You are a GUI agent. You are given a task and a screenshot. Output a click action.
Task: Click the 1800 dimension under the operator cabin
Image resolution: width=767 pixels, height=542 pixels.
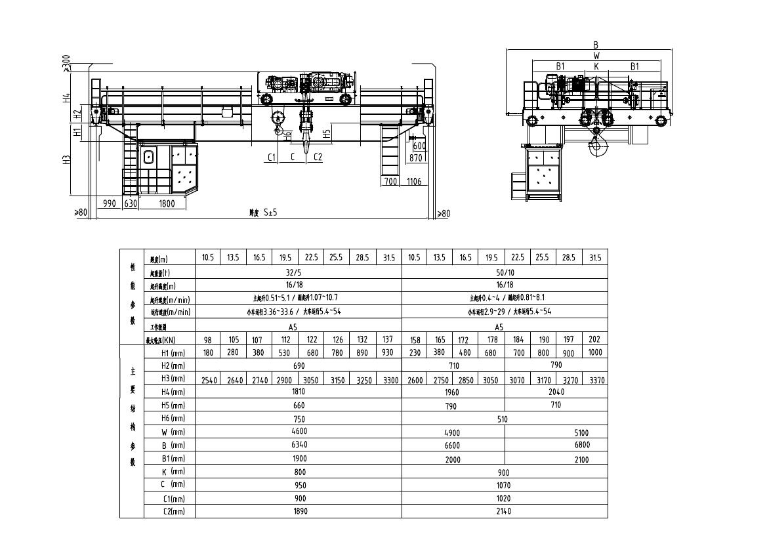[167, 203]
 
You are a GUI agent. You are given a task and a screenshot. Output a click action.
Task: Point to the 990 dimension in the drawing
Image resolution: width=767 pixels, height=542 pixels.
[109, 203]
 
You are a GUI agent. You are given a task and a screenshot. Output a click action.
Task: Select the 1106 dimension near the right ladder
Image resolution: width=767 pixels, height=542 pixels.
[413, 182]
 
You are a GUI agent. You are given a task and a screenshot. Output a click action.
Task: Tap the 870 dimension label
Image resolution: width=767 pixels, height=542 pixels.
[415, 158]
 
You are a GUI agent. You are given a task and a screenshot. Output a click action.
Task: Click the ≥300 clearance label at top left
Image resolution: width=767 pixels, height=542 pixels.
[66, 64]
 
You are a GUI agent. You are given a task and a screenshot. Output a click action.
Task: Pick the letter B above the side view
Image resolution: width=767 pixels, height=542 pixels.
[596, 45]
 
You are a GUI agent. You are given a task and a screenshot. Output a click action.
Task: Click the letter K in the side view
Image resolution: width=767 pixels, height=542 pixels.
[596, 66]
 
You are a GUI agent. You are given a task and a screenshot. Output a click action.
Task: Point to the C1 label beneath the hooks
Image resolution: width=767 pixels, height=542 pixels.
[272, 157]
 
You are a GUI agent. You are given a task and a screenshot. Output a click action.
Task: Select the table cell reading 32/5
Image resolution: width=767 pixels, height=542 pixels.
[299, 271]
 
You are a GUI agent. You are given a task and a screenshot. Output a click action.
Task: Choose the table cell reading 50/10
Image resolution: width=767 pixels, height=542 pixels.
[505, 271]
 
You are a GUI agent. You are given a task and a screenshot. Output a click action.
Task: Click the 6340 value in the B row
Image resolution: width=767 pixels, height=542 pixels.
[299, 445]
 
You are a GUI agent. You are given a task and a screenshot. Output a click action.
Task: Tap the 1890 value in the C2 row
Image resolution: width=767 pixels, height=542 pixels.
[299, 511]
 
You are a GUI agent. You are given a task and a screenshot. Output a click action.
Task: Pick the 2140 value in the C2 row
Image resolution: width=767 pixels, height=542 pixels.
[505, 511]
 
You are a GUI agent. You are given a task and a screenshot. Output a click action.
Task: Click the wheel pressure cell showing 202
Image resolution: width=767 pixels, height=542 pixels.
[594, 339]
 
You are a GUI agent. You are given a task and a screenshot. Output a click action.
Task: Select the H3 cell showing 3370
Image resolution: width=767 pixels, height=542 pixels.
[594, 380]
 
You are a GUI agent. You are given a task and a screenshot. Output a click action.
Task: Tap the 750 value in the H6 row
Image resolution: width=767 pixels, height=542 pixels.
[299, 418]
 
